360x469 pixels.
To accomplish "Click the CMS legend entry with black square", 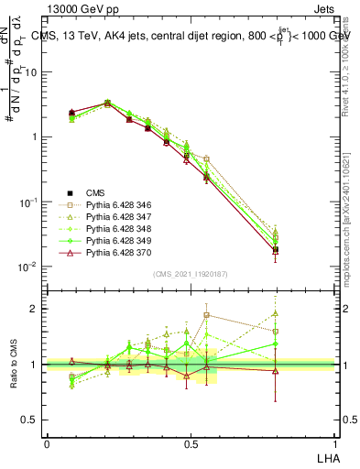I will click(x=94, y=192).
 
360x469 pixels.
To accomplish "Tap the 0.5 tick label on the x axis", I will click(x=190, y=443).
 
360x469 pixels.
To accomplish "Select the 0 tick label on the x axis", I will click(x=47, y=443).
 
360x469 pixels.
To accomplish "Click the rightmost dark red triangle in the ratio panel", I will click(x=275, y=371).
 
